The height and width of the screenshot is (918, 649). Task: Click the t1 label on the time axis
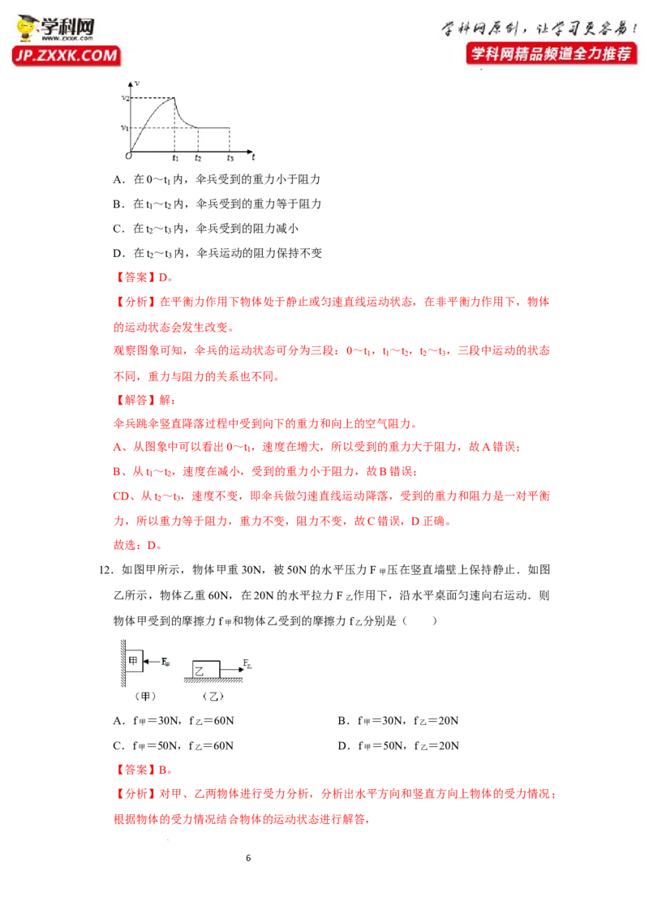click(x=175, y=158)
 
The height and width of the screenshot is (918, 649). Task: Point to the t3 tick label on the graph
click(x=230, y=158)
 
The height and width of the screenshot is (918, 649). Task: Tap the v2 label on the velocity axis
click(x=125, y=98)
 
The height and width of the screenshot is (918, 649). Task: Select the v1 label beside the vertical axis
click(x=124, y=127)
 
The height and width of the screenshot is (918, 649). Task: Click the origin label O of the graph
click(x=128, y=156)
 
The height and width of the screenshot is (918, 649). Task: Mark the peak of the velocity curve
click(x=174, y=98)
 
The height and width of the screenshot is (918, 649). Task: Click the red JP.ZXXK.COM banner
click(x=67, y=56)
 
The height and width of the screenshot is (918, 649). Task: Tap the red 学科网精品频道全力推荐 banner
click(x=551, y=54)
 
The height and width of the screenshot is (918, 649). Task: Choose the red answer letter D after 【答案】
click(x=163, y=277)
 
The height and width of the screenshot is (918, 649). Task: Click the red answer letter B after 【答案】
click(x=163, y=770)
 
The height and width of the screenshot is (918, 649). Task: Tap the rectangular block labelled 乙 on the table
click(x=206, y=670)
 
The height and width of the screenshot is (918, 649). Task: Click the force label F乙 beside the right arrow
click(x=247, y=664)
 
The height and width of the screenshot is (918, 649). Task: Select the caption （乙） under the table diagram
click(x=213, y=696)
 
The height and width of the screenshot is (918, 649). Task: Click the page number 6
click(x=248, y=858)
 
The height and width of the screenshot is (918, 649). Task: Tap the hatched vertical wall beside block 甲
click(x=123, y=663)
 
